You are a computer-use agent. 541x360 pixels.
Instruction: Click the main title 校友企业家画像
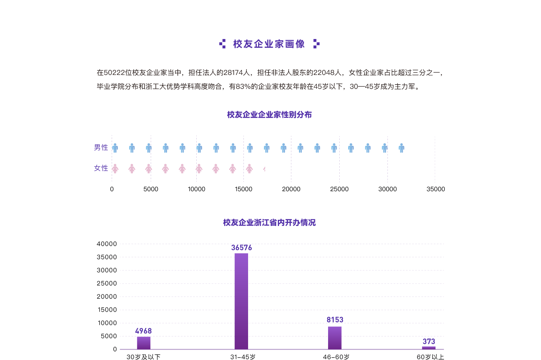tap(269, 44)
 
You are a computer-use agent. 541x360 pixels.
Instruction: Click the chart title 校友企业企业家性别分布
tap(269, 115)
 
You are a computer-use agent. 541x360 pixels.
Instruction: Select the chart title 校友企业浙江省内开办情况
tap(269, 222)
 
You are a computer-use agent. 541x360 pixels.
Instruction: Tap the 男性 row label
tap(101, 147)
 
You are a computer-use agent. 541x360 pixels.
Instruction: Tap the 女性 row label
tap(101, 168)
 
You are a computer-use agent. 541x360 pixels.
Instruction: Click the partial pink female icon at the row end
tap(264, 169)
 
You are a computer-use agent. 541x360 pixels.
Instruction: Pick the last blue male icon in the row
tap(401, 148)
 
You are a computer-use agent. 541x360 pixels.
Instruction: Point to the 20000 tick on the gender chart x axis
tap(291, 189)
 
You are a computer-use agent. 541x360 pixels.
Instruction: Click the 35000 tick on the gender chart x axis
tap(436, 189)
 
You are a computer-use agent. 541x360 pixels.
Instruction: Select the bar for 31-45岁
tap(241, 301)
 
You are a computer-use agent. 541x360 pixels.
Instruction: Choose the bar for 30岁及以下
tap(144, 343)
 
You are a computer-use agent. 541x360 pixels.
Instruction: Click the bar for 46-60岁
tap(335, 338)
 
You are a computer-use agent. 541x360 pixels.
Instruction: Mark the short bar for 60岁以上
tap(429, 348)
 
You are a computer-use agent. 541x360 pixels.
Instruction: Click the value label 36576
tap(242, 248)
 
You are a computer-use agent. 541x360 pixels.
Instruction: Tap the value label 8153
tap(335, 320)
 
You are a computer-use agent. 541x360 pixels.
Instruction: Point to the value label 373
tap(429, 341)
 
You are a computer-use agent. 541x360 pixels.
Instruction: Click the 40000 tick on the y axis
tap(107, 244)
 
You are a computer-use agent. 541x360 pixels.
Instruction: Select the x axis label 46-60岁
tap(336, 357)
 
